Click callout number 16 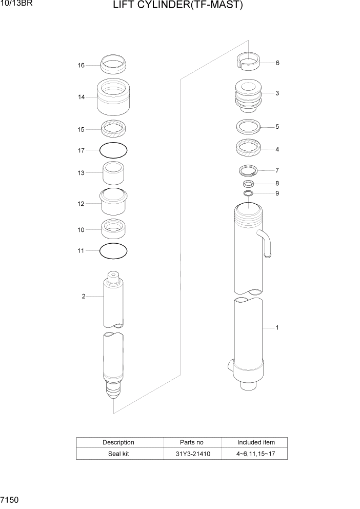[81, 66]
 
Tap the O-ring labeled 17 [113, 150]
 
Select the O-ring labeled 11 [113, 251]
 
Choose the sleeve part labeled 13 [113, 173]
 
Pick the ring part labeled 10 [113, 228]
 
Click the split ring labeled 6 [248, 63]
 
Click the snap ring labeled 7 [248, 170]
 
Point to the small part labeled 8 [248, 183]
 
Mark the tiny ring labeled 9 [248, 193]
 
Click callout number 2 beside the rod [83, 296]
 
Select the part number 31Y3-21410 [192, 454]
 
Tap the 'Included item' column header [255, 442]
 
